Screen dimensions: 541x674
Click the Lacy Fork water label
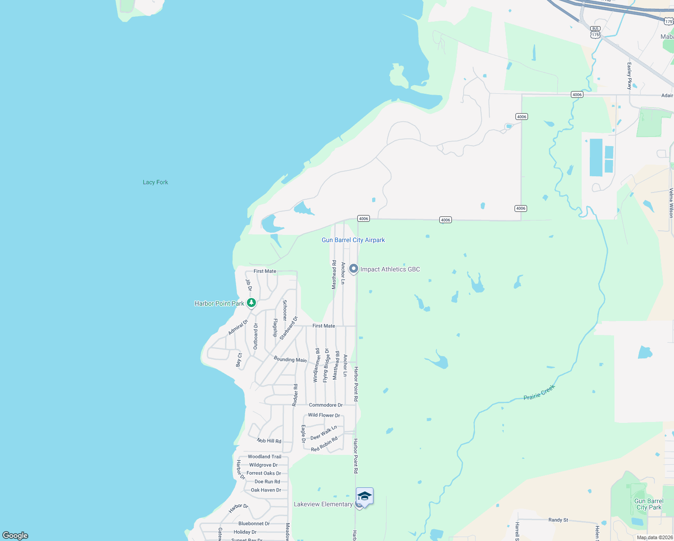[x=155, y=182]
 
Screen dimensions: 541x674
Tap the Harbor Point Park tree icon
[x=252, y=303]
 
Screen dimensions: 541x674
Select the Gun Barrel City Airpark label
[x=353, y=240]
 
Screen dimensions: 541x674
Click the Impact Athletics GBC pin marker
[x=354, y=269]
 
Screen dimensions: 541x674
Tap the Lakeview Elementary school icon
[x=364, y=497]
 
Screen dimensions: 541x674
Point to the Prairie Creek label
[x=539, y=392]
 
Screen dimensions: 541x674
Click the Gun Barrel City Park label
[x=649, y=504]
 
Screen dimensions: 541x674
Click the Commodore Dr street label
[x=326, y=405]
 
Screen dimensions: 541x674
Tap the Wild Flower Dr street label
[x=324, y=415]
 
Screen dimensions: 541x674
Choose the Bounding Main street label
[x=290, y=359]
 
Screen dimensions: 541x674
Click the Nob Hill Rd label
[x=269, y=440]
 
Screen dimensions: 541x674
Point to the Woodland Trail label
[x=264, y=457]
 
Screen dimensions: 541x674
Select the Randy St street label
[x=558, y=520]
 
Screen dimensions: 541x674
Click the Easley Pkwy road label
[x=629, y=75]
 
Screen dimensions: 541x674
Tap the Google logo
[x=15, y=536]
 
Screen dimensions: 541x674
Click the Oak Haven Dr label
[x=266, y=490]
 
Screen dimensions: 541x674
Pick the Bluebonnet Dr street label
[x=254, y=523]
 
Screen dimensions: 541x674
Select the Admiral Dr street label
[x=238, y=327]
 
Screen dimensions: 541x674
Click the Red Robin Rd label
[x=324, y=444]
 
